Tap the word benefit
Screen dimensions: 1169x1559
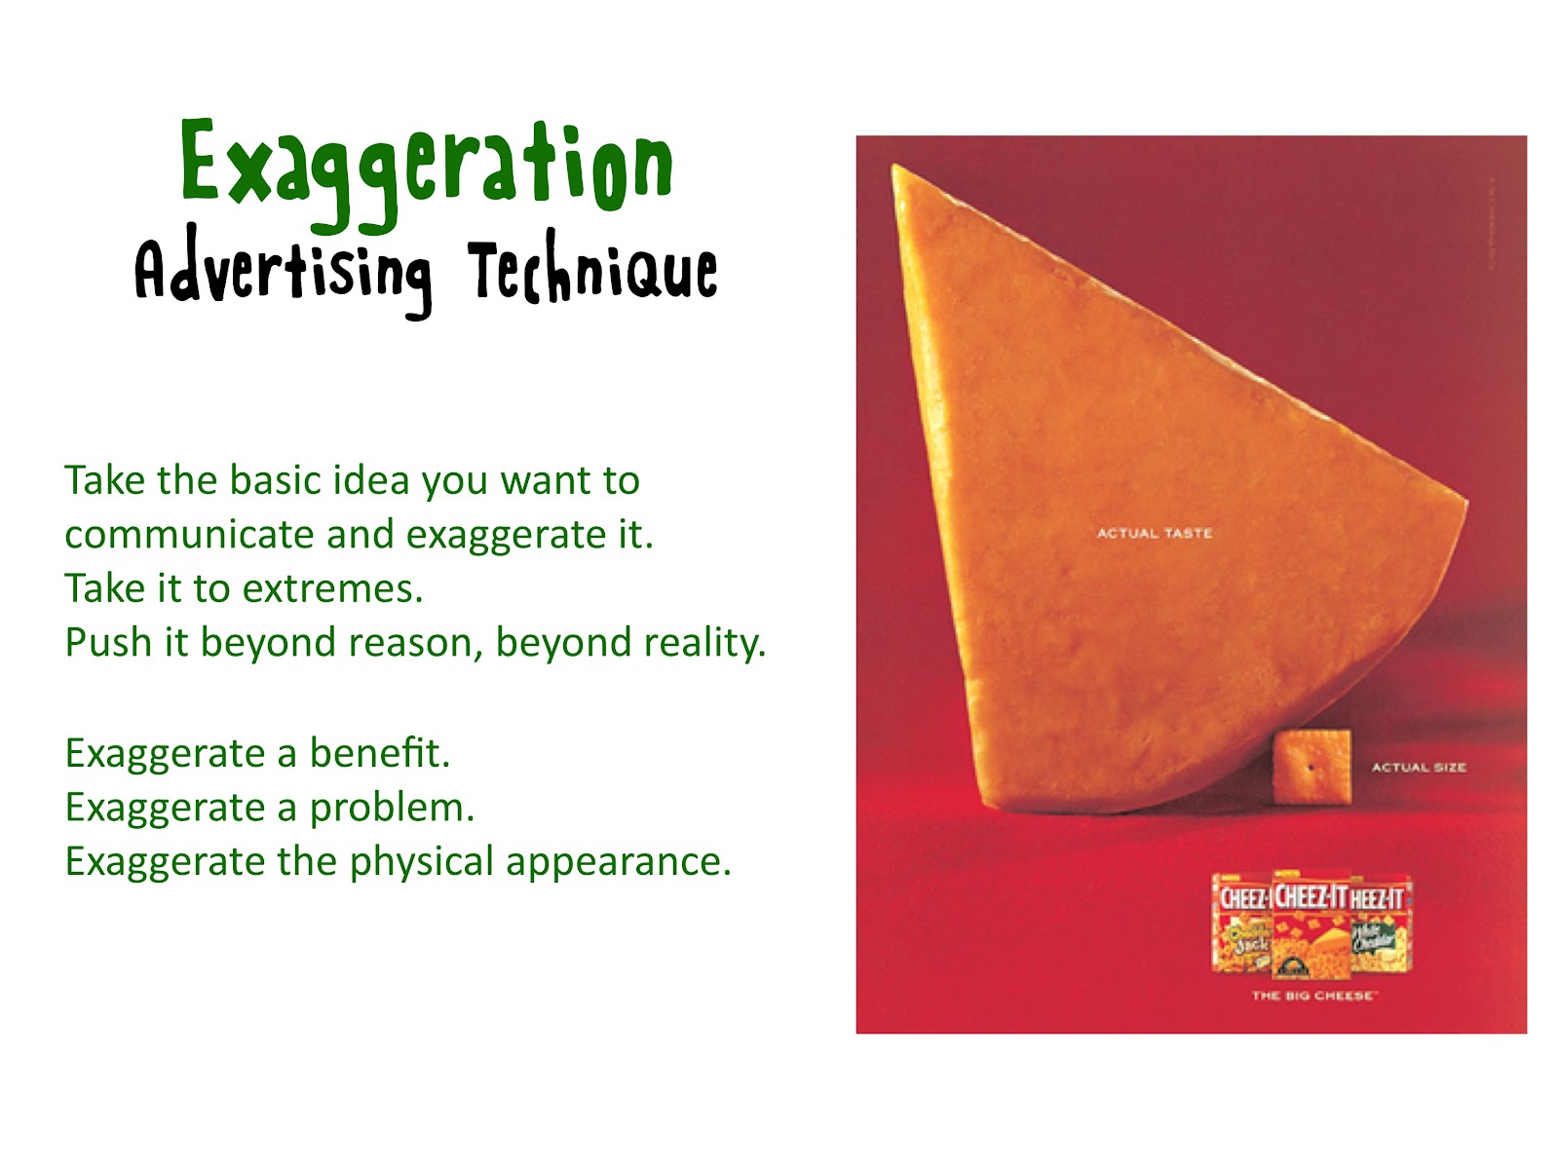tap(379, 753)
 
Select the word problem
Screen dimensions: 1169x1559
tap(392, 809)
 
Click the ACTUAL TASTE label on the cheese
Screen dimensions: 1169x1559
tap(1155, 533)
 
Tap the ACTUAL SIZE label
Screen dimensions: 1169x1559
tap(1419, 768)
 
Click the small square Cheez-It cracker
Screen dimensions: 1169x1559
tap(1312, 766)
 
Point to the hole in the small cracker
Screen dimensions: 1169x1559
tap(1312, 768)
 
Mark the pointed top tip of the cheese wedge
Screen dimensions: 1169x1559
tap(895, 169)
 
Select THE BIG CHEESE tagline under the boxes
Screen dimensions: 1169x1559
tap(1313, 996)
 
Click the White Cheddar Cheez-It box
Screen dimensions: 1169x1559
tap(1379, 925)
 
